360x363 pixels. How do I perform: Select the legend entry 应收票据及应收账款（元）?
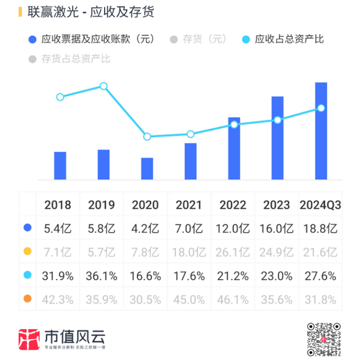pyautogui.click(x=91, y=39)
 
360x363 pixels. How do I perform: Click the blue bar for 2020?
pyautogui.click(x=147, y=168)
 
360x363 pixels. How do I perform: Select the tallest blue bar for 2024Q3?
pyautogui.click(x=321, y=131)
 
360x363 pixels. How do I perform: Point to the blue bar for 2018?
pyautogui.click(x=60, y=165)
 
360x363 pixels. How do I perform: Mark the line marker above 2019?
pyautogui.click(x=103, y=86)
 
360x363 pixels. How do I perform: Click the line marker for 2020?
pyautogui.click(x=147, y=137)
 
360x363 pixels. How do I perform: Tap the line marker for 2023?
pyautogui.click(x=278, y=120)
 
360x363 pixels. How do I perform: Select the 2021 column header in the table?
pyautogui.click(x=189, y=205)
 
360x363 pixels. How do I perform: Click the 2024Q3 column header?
pyautogui.click(x=321, y=205)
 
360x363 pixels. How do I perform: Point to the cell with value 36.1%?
pyautogui.click(x=102, y=275)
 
